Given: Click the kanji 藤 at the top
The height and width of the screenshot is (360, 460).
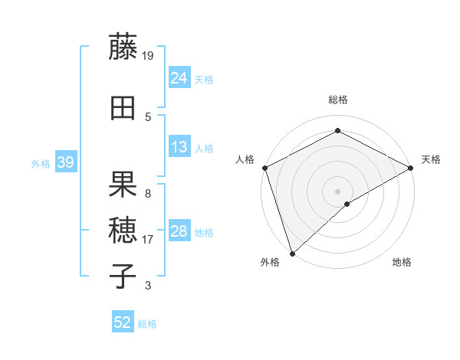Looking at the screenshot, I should point(123,47).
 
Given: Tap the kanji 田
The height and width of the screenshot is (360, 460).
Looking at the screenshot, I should point(123,108).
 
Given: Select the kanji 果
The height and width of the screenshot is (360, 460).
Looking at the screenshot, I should point(123,185).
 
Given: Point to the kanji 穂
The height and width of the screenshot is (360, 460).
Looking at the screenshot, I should point(123,230).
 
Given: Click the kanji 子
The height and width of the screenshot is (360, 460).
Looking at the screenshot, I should point(123,276).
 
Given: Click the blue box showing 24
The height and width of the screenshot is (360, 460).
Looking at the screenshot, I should point(179,78).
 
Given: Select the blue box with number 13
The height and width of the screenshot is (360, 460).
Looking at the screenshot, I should point(179,147).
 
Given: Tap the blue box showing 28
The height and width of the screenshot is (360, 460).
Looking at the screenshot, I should point(179,231).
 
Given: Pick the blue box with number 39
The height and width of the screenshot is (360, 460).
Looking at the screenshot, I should point(65,162).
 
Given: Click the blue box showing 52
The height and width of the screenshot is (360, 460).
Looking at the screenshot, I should point(123,322).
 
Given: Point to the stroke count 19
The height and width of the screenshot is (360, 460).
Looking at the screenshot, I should point(148,56).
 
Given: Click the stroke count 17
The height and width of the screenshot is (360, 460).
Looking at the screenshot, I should point(148,240).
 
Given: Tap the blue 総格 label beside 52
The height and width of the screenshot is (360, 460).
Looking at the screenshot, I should point(147,324).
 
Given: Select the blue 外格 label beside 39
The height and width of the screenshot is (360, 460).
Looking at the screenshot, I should point(41,163).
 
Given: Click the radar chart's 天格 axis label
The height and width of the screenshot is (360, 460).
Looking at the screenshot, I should point(431,159).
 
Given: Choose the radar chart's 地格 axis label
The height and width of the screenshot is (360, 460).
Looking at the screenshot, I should point(402,263).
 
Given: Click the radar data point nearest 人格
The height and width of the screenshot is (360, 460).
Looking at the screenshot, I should point(264,167).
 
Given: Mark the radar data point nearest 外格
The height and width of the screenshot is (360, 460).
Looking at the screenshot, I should point(291,254).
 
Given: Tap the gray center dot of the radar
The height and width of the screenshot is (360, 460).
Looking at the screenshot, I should point(337,191).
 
